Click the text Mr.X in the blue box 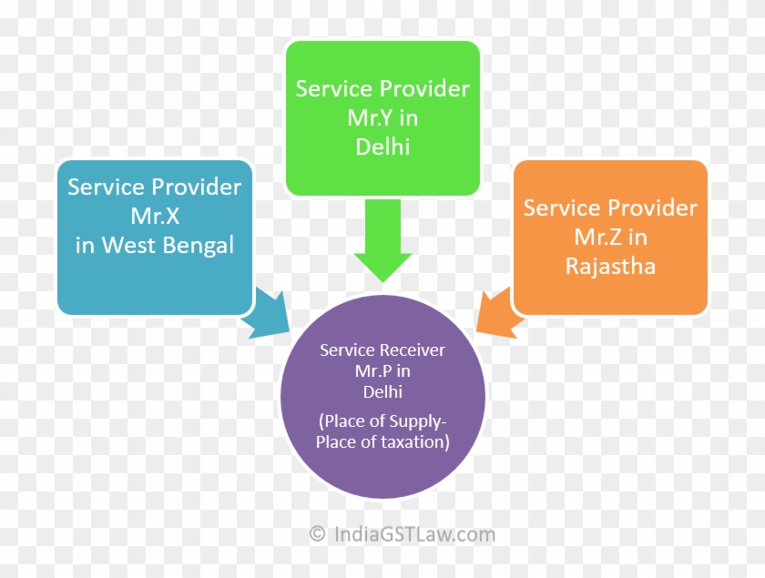[154, 217]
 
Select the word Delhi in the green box [382, 147]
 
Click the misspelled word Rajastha [610, 267]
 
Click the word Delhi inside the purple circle [382, 391]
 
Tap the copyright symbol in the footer [317, 534]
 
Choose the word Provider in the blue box [196, 188]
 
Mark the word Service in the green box [333, 88]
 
